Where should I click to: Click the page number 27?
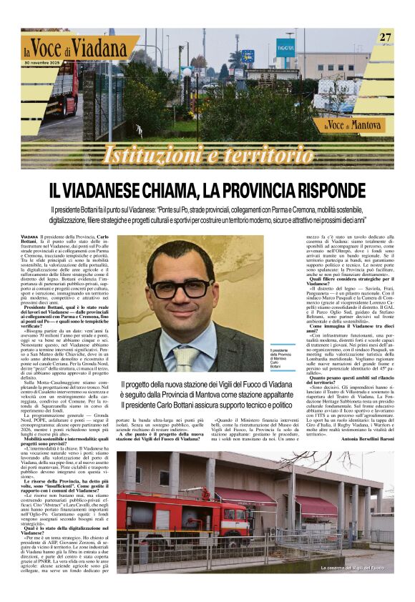[x=385, y=37]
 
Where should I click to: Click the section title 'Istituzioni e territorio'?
[x=207, y=154]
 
